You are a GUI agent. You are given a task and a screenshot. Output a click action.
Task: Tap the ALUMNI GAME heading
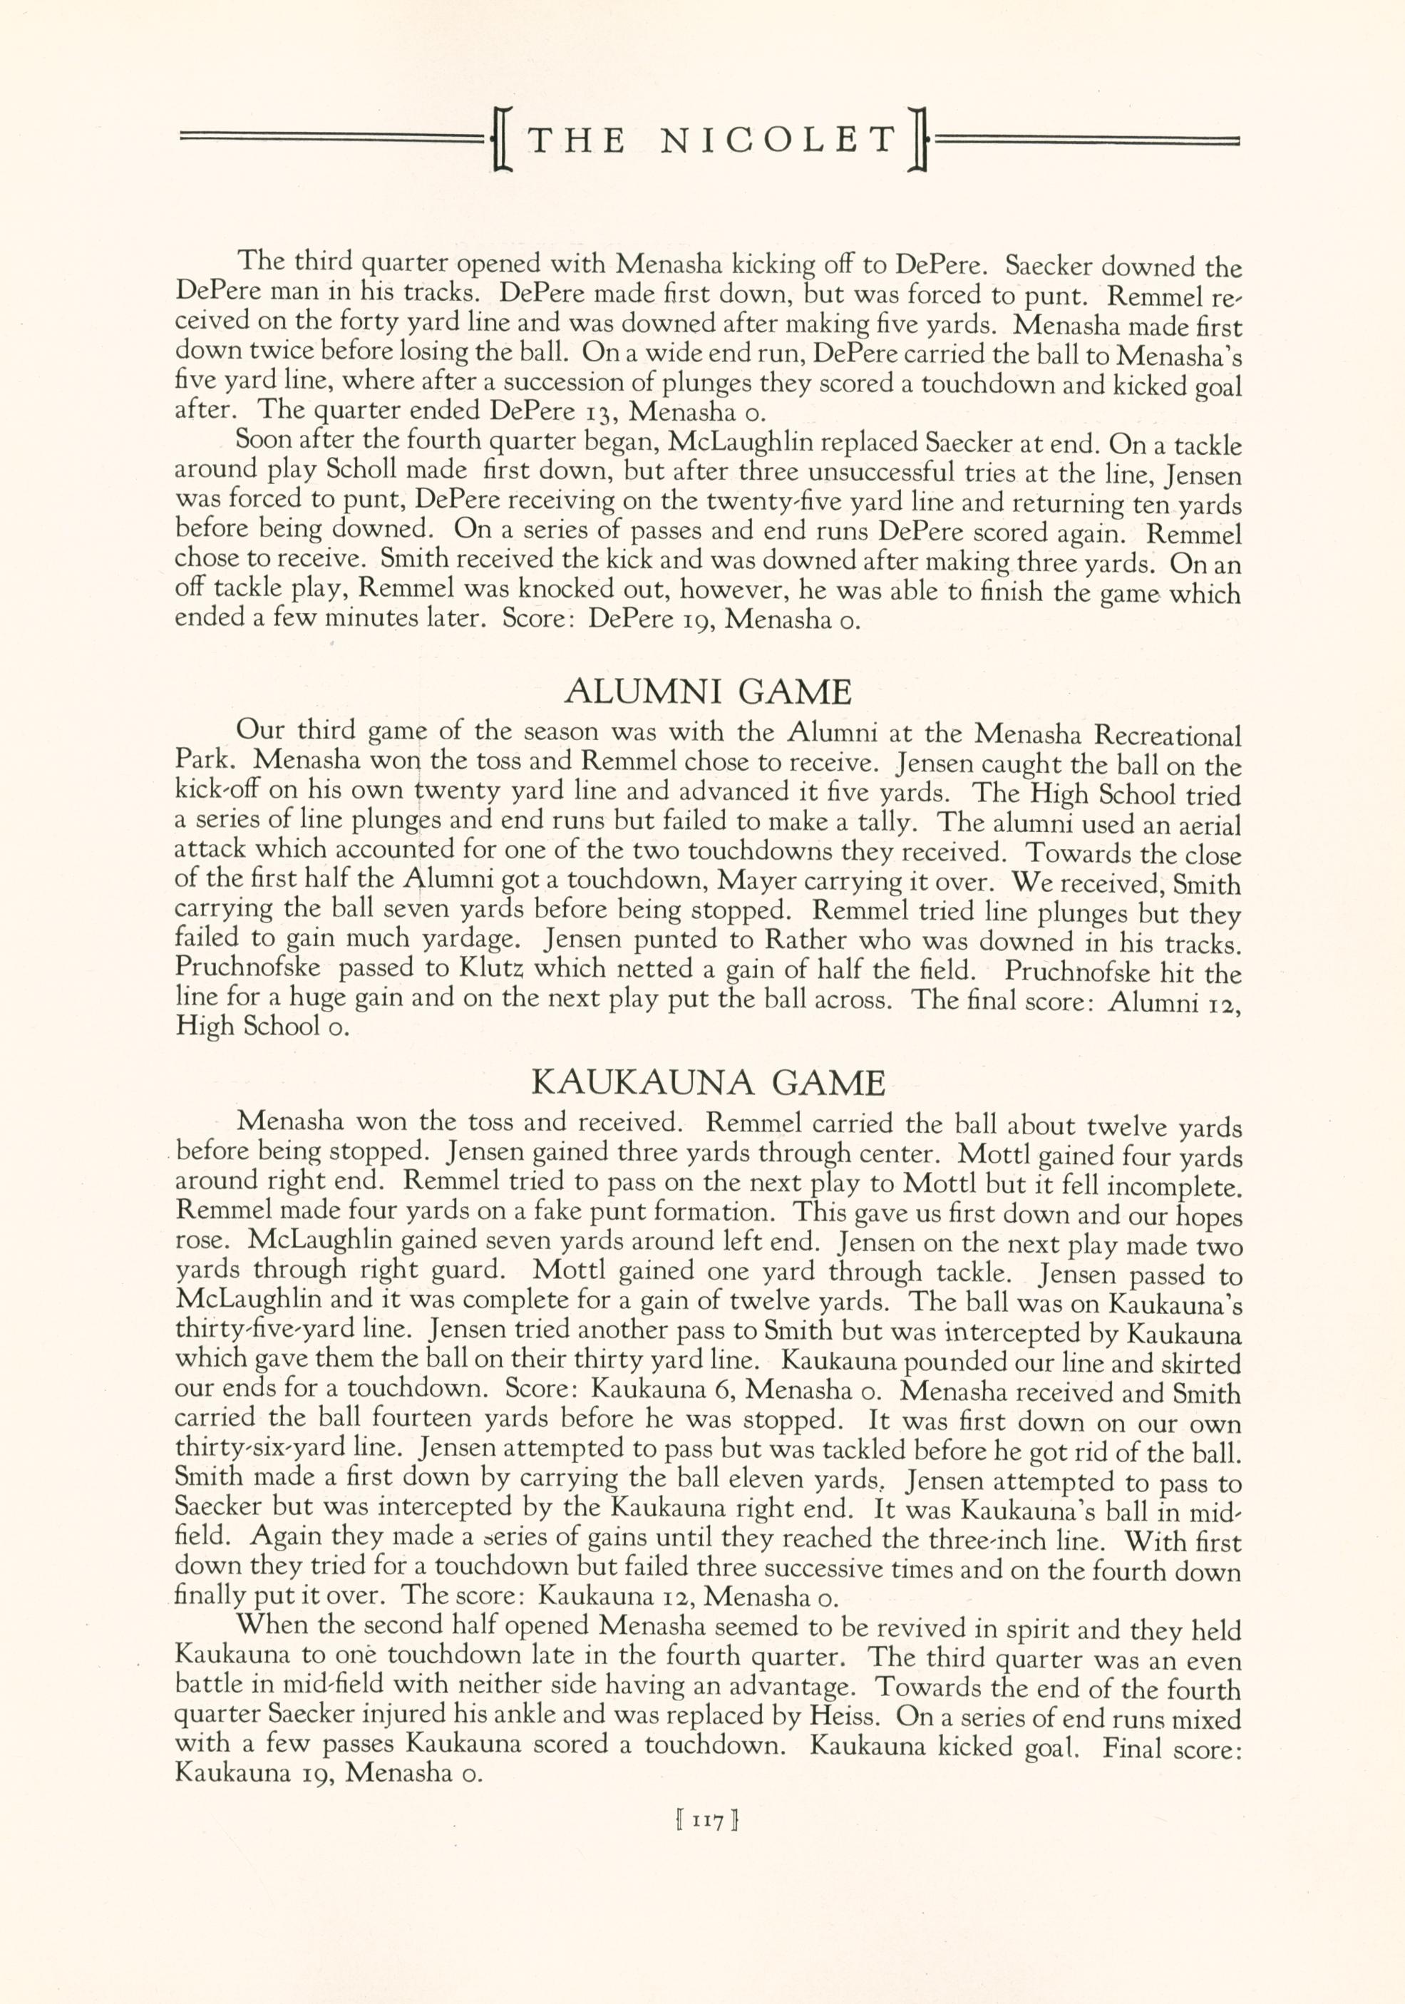pos(708,692)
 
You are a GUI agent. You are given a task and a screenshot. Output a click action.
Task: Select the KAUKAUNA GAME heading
pos(708,1083)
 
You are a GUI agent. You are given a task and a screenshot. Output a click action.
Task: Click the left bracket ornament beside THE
pos(502,140)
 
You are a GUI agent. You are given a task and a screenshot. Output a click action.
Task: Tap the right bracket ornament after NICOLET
pos(915,140)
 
